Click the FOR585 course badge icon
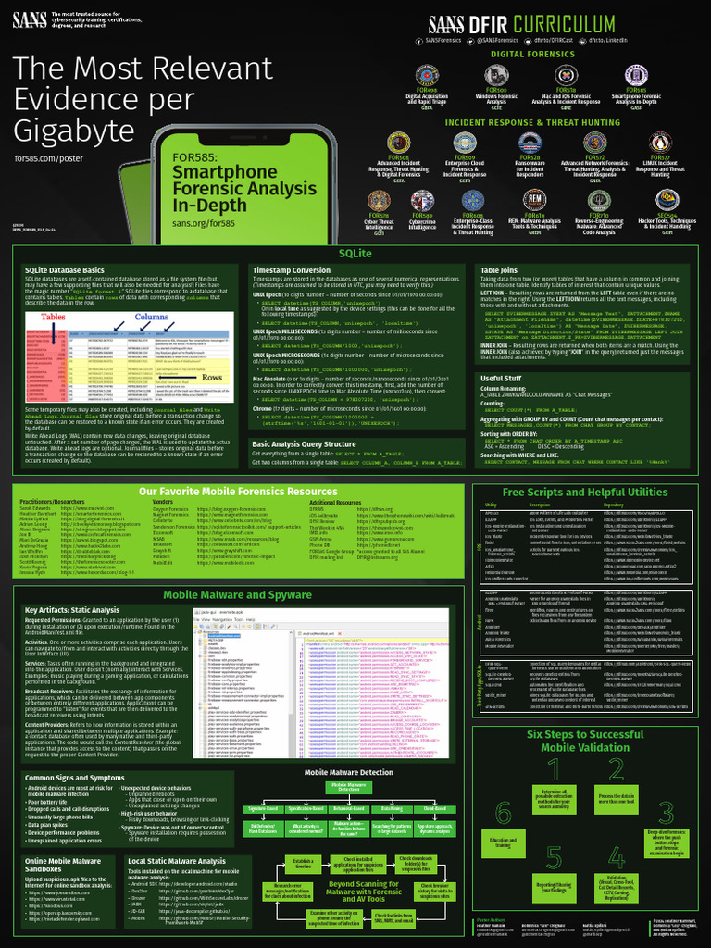coord(637,75)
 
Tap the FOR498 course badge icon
coord(426,75)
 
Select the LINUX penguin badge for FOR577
coord(660,142)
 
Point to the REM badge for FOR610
coord(535,200)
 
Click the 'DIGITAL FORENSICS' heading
coord(532,55)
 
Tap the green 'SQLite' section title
coord(355,253)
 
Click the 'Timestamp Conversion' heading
coord(292,270)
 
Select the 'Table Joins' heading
coord(498,270)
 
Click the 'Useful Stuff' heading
coord(501,379)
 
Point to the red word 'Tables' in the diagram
coord(54,317)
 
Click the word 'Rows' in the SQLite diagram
coord(214,377)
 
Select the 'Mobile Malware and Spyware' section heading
coord(237,594)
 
